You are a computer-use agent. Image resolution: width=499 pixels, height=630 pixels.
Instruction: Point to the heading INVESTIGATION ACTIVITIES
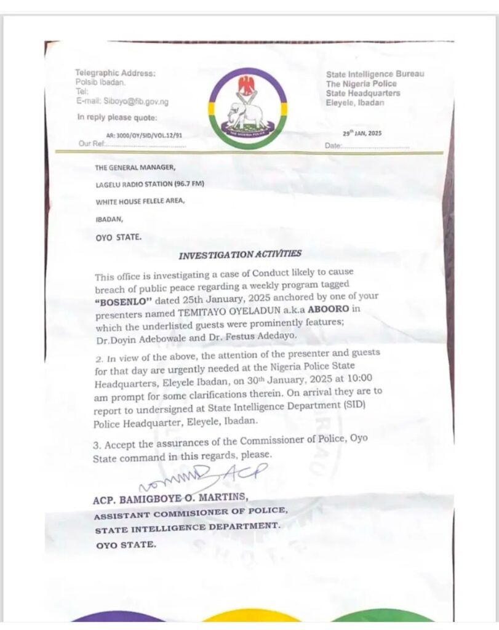click(x=241, y=253)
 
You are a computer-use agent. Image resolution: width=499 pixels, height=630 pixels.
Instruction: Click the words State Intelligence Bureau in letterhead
click(x=374, y=74)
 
